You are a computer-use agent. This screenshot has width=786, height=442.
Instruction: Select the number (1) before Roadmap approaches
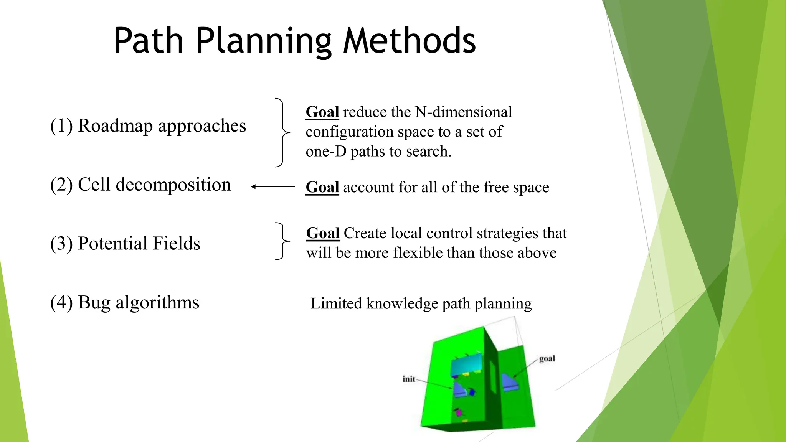pyautogui.click(x=61, y=126)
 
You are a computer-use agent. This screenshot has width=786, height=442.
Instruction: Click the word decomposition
pyautogui.click(x=173, y=185)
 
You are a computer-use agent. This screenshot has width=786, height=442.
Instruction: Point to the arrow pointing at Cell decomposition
pyautogui.click(x=272, y=187)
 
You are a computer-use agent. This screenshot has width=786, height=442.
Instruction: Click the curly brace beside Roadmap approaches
pyautogui.click(x=282, y=132)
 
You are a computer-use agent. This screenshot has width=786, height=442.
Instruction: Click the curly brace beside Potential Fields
pyautogui.click(x=282, y=241)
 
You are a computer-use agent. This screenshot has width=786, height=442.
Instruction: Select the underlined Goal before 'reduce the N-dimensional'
pyautogui.click(x=322, y=112)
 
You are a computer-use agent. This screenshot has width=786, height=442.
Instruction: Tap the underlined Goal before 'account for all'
pyautogui.click(x=322, y=187)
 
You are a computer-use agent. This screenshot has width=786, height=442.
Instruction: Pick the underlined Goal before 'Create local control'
pyautogui.click(x=323, y=233)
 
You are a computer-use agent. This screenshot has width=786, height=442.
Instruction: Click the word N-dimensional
pyautogui.click(x=464, y=112)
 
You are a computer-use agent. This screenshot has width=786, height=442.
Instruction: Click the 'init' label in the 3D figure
pyautogui.click(x=409, y=379)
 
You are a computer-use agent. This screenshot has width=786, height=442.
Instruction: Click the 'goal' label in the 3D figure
pyautogui.click(x=547, y=359)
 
